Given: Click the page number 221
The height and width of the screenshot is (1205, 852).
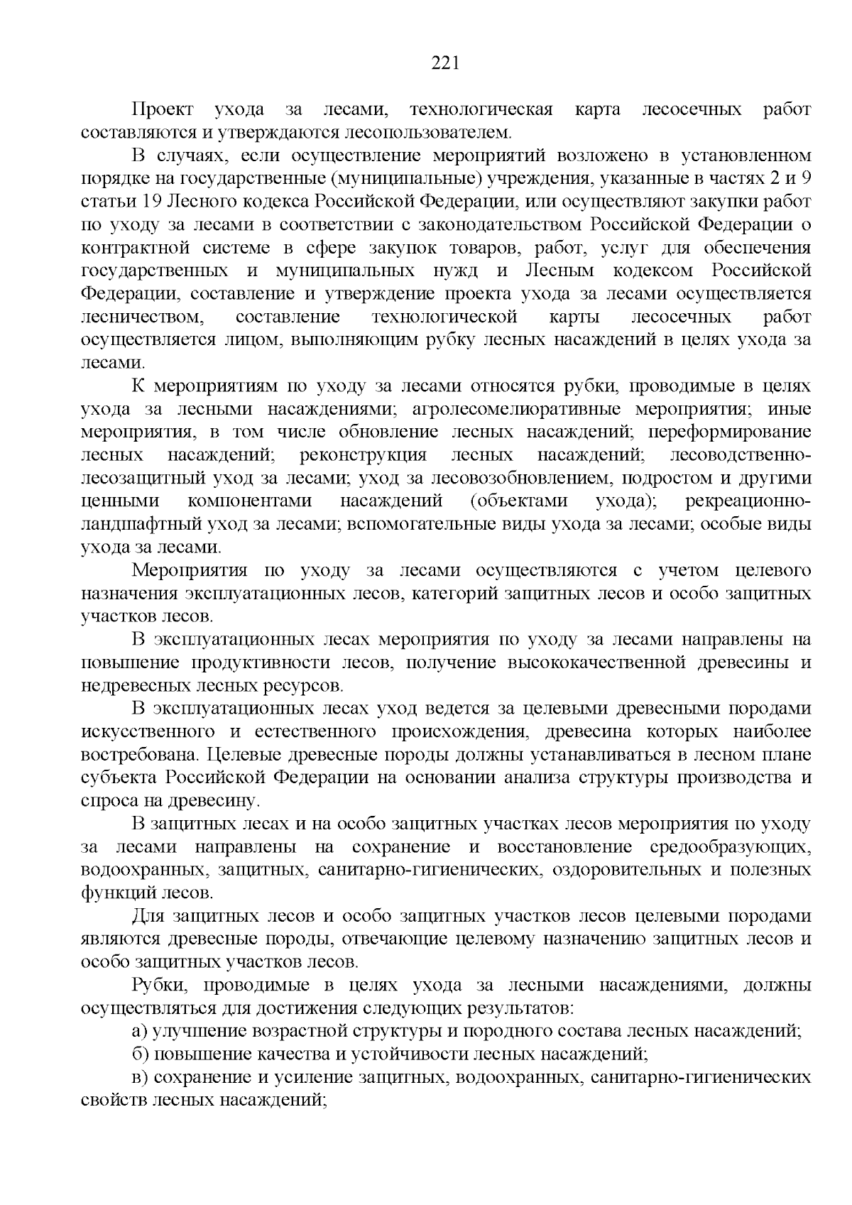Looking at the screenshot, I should point(446,63).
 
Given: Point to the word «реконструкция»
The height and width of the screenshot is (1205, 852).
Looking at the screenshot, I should point(364,455).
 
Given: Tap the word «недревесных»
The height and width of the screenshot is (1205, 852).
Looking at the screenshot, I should point(132,686).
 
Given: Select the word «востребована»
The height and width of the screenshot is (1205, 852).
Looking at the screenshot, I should point(143,754).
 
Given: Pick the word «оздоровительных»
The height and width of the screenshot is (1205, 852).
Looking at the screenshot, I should point(645,870).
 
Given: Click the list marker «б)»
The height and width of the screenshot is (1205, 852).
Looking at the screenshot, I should point(141,1054).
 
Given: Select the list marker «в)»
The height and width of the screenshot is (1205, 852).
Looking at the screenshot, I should point(141,1077).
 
